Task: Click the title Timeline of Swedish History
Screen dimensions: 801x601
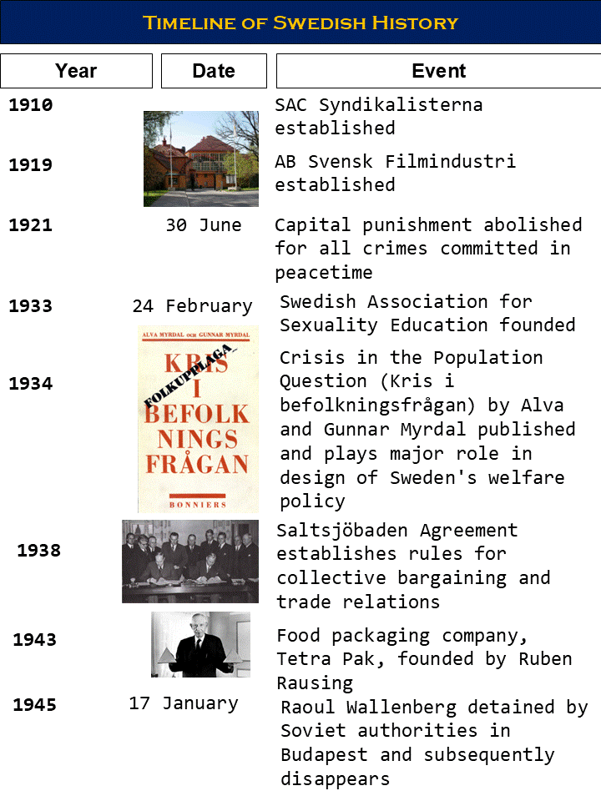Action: tap(300, 23)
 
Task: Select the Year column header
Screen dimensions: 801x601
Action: tap(76, 71)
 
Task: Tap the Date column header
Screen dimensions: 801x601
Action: tap(214, 71)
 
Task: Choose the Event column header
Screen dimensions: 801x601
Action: tap(438, 71)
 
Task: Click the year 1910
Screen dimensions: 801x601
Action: tap(31, 105)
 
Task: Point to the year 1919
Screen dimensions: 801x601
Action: tap(31, 165)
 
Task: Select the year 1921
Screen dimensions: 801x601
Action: tap(31, 225)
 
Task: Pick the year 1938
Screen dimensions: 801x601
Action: tap(39, 551)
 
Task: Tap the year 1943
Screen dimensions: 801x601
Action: tap(35, 640)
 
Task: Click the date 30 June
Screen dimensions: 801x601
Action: tap(203, 225)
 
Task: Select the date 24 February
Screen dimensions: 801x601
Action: tap(192, 306)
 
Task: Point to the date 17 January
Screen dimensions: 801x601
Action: tap(184, 703)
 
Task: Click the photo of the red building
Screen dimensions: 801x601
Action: tap(201, 159)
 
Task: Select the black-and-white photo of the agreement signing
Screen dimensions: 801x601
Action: tap(190, 561)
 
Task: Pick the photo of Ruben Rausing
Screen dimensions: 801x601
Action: tap(200, 644)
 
